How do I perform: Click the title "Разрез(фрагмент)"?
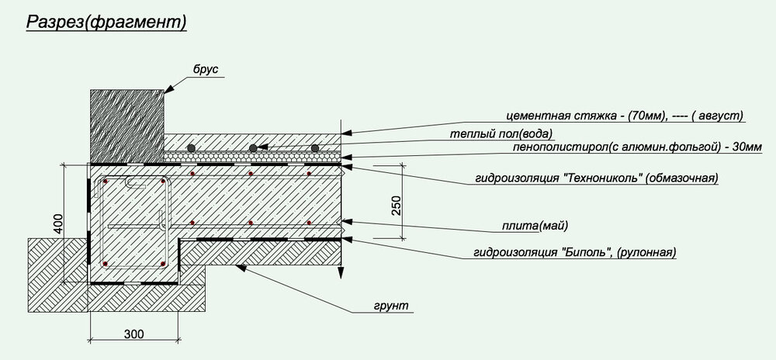tap(106, 22)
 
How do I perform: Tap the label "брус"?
tap(206, 70)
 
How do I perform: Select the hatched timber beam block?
tap(127, 126)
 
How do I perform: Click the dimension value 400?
tap(58, 224)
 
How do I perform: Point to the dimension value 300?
tap(133, 334)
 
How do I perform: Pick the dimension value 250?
tap(397, 206)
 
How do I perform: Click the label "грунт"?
tap(391, 306)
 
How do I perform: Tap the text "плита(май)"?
tap(535, 227)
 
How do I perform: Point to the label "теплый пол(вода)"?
tap(501, 133)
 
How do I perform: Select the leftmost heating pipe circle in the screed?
tap(191, 148)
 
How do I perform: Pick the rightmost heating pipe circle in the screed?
tap(315, 148)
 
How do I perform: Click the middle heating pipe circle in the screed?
tap(253, 148)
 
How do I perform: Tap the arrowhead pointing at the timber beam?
tap(169, 89)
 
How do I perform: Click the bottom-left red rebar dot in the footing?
tap(105, 264)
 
